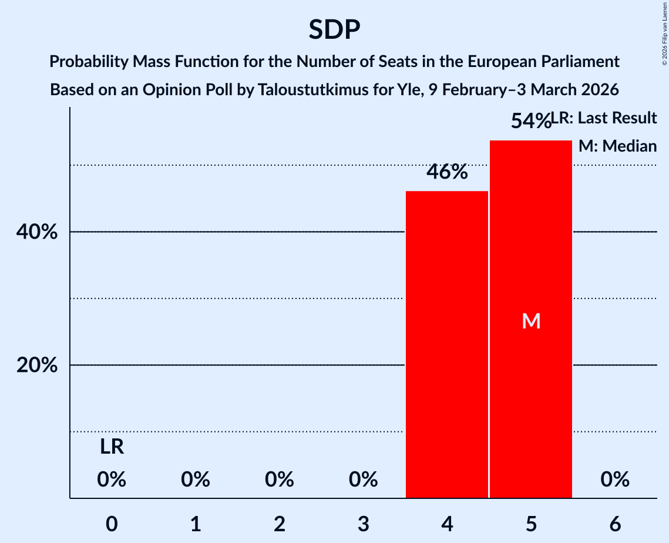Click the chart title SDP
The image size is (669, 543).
click(x=334, y=29)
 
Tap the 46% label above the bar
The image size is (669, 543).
click(x=447, y=172)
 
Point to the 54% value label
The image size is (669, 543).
click(x=530, y=121)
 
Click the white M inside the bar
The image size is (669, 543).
click(x=531, y=321)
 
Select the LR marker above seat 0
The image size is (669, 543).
click(x=112, y=447)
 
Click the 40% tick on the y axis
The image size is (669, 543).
click(x=37, y=232)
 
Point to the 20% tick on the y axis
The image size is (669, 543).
click(x=37, y=366)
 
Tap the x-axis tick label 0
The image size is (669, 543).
click(x=112, y=524)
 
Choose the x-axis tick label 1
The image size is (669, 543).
click(x=196, y=524)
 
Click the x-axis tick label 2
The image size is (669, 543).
click(x=280, y=524)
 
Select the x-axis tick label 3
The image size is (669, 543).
click(x=363, y=524)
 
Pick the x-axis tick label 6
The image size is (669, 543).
click(x=615, y=524)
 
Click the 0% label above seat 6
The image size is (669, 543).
click(x=615, y=480)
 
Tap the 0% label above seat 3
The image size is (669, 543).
click(x=363, y=480)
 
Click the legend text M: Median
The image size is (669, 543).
click(x=617, y=146)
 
